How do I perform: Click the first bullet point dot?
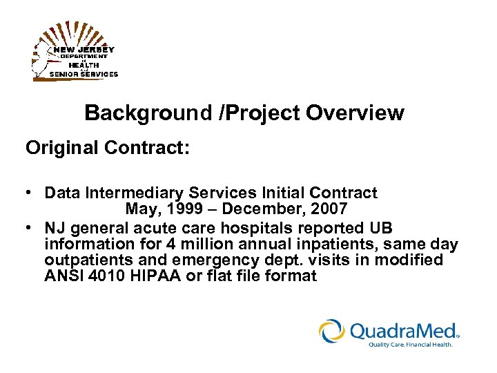coord(31,193)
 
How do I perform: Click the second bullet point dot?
coord(31,228)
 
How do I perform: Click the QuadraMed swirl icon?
coord(332,330)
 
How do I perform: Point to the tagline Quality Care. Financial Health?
coord(410,344)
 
